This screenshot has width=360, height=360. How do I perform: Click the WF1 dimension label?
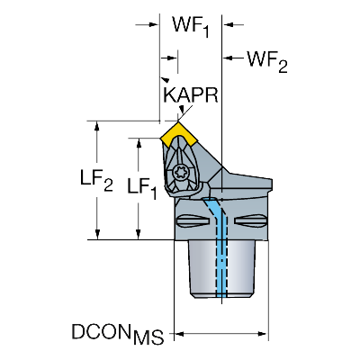[x=191, y=26]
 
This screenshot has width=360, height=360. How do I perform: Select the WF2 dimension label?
[x=267, y=61]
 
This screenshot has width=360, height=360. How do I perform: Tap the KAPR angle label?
[x=191, y=95]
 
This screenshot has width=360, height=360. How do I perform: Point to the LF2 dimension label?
[x=96, y=180]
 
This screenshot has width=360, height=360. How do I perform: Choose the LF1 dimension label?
[x=142, y=188]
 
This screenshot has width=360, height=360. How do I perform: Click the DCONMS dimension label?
[x=118, y=334]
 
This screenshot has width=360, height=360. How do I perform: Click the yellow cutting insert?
[x=178, y=135]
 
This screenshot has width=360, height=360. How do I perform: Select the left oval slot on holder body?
[x=193, y=221]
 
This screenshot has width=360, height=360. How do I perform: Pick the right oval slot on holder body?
[x=251, y=221]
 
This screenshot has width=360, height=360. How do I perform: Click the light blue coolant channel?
[x=218, y=246]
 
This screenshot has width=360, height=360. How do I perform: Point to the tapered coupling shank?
[x=222, y=268]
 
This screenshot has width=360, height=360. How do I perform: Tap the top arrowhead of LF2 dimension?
[x=97, y=128]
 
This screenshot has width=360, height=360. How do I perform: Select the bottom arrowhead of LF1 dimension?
[x=139, y=234]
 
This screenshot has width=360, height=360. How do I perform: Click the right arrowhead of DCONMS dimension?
[x=262, y=334]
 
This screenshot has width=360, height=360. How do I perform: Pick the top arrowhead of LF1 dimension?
[x=139, y=144]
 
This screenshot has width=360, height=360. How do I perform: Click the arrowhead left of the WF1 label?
[x=152, y=24]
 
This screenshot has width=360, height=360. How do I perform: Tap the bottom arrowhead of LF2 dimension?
[x=97, y=234]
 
